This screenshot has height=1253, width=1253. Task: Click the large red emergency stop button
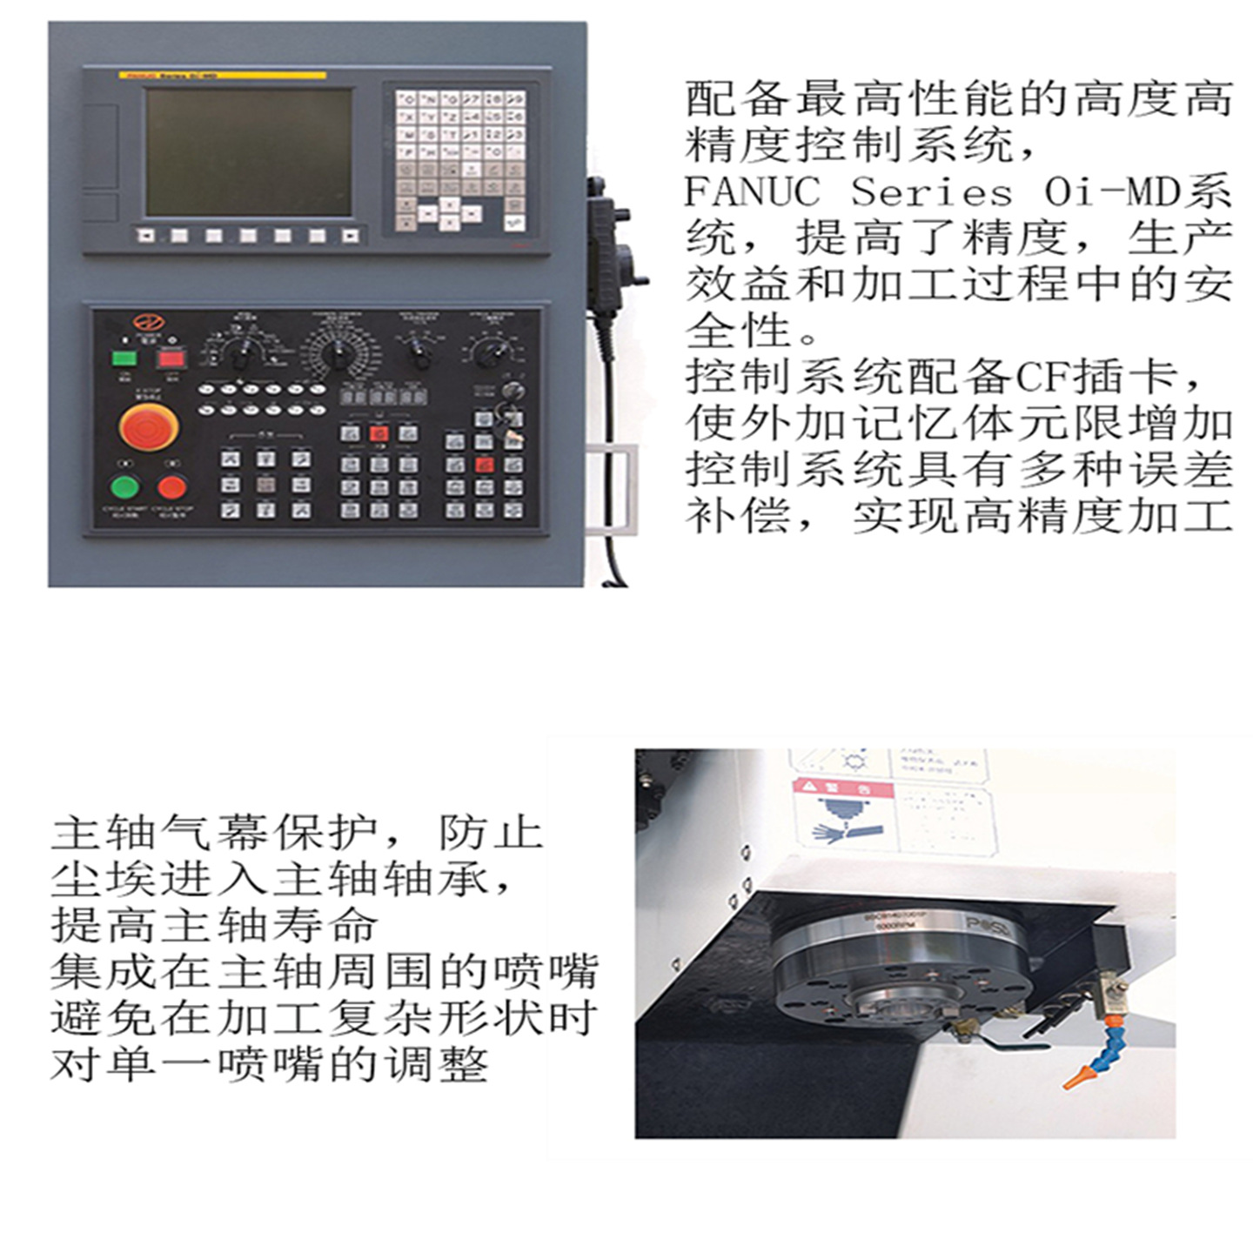click(x=149, y=426)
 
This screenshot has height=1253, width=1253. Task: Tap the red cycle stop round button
click(x=172, y=486)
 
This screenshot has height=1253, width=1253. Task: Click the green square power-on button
click(x=124, y=358)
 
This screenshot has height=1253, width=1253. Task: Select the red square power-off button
click(x=171, y=358)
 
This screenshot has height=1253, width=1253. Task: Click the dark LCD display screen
click(x=249, y=151)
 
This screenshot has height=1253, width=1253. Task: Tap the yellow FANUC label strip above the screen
click(x=222, y=76)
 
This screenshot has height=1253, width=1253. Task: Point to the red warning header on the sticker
click(x=841, y=789)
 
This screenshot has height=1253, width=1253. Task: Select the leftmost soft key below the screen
click(x=145, y=236)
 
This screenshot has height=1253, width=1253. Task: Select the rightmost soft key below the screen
click(x=350, y=236)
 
